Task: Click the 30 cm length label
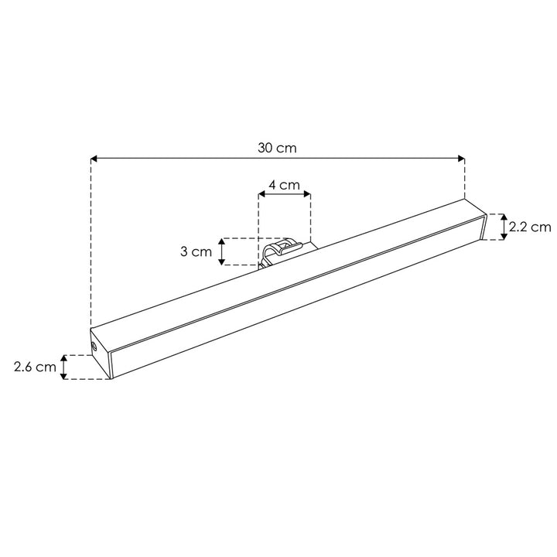pyautogui.click(x=277, y=148)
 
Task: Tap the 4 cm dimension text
pyautogui.click(x=284, y=185)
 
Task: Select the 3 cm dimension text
pyautogui.click(x=196, y=251)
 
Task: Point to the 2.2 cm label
pyautogui.click(x=530, y=227)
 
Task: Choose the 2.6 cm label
pyautogui.click(x=35, y=367)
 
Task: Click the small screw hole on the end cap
pyautogui.click(x=94, y=347)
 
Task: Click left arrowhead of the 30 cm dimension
pyautogui.click(x=94, y=159)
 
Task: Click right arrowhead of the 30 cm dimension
pyautogui.click(x=461, y=159)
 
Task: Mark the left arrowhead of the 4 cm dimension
pyautogui.click(x=261, y=194)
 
